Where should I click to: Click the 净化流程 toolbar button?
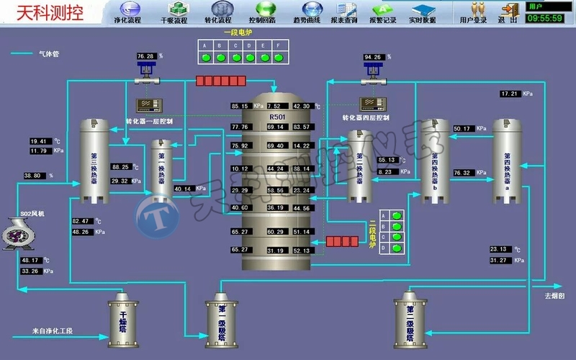[x=130, y=12]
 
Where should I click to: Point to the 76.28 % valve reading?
[x=146, y=55]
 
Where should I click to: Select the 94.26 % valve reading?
[x=374, y=56]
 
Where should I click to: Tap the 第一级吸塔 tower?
[x=221, y=316]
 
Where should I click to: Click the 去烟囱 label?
[x=555, y=296]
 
